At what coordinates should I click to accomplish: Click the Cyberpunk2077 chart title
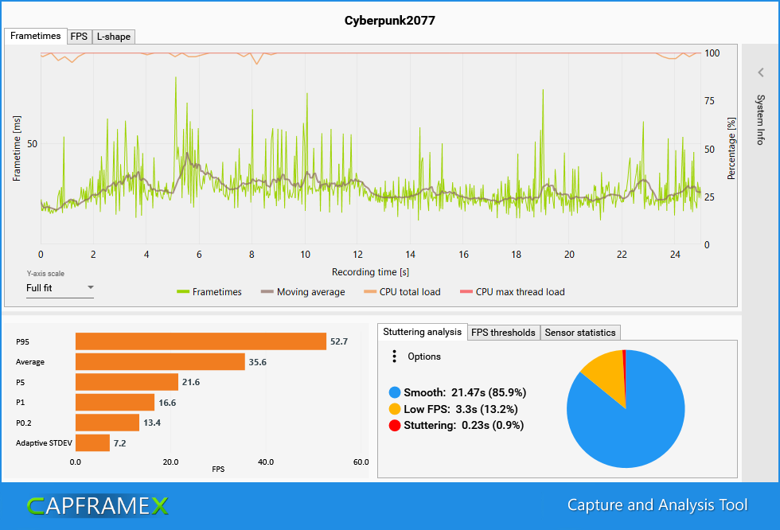tap(389, 19)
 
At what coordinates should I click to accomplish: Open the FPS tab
tap(79, 37)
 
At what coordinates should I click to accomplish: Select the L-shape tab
tap(113, 37)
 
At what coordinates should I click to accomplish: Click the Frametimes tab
tap(36, 37)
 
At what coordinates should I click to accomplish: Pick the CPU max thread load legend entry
tap(520, 292)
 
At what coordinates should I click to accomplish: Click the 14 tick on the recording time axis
tap(410, 255)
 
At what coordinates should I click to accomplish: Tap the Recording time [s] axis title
tap(371, 272)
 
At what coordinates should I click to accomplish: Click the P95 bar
tap(201, 341)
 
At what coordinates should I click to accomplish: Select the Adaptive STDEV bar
tap(92, 442)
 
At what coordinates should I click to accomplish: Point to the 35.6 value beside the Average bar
tap(257, 362)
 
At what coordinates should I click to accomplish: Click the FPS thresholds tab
tap(503, 333)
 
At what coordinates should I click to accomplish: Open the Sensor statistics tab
tap(579, 333)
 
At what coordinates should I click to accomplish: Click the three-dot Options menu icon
tap(394, 357)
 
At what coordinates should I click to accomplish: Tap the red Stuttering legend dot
tap(394, 426)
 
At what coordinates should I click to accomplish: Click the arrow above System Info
tap(761, 72)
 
